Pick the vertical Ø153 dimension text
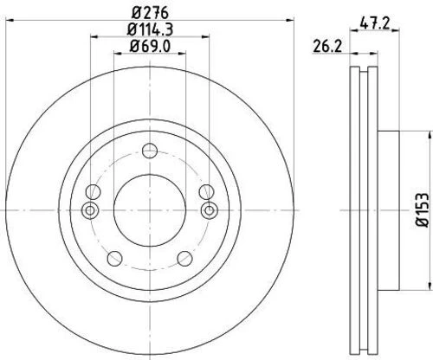419,209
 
